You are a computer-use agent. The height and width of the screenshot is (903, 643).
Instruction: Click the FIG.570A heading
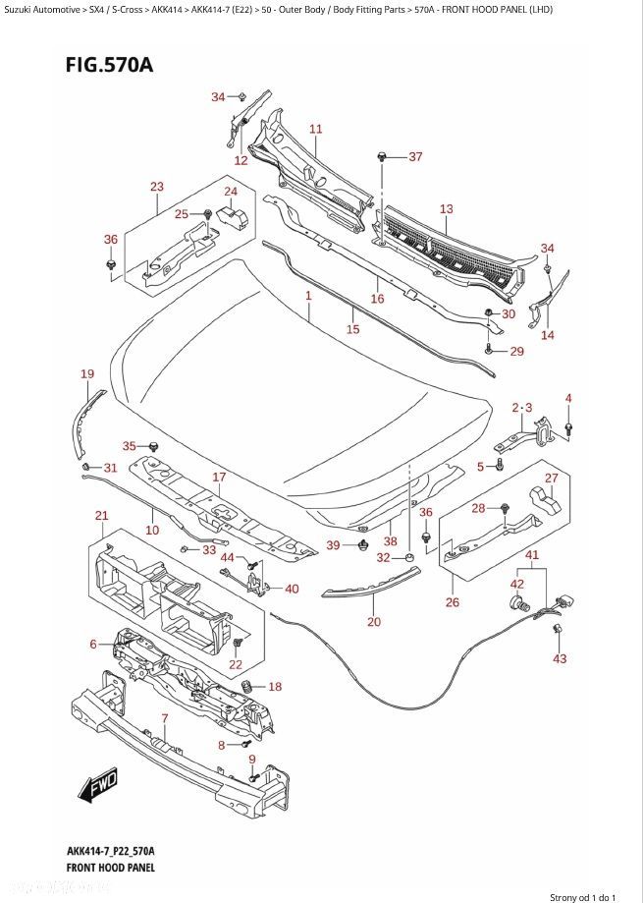[x=109, y=65]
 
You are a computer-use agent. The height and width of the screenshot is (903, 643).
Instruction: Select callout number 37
[x=415, y=156]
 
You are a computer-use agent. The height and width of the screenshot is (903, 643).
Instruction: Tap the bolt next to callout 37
[x=381, y=156]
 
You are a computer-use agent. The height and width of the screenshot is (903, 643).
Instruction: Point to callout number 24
[x=231, y=192]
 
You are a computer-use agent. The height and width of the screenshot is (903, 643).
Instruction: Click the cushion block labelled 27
[x=545, y=499]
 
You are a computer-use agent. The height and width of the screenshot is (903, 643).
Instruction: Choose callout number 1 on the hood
[x=309, y=296]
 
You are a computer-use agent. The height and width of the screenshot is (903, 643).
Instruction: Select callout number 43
[x=560, y=658]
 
